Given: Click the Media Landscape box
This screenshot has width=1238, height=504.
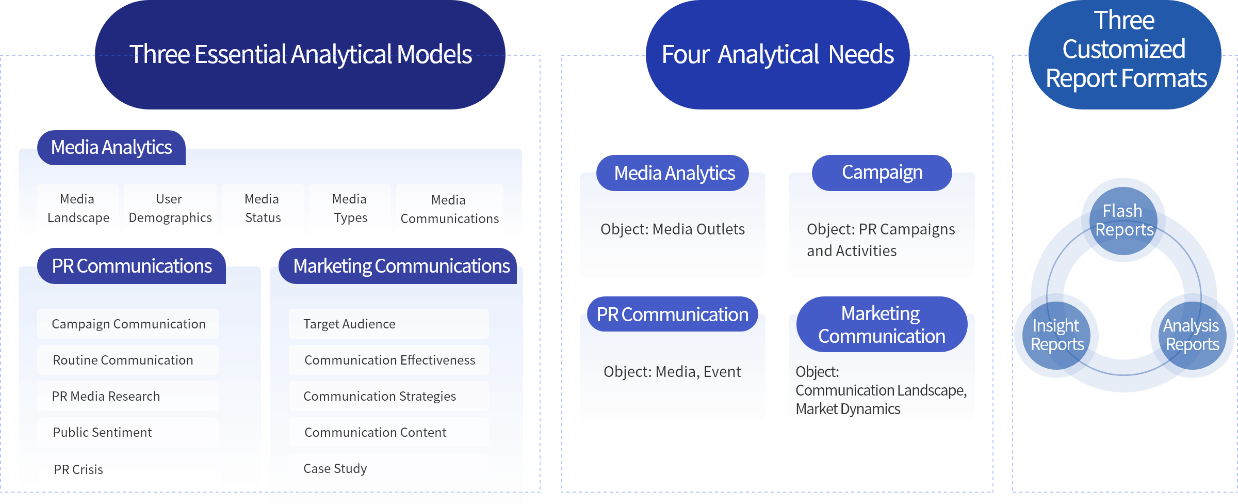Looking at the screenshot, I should (x=78, y=208).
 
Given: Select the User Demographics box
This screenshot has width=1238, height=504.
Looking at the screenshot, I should (x=170, y=208).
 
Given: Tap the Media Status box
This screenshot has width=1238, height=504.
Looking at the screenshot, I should (x=263, y=208).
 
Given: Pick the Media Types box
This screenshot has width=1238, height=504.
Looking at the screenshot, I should (x=350, y=208).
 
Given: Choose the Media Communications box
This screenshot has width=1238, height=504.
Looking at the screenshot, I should (x=449, y=209).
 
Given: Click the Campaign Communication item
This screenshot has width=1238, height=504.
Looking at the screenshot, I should (x=128, y=324).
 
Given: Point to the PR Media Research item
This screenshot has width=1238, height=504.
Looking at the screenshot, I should (x=128, y=396).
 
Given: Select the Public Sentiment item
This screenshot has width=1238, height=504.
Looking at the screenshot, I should (x=128, y=432).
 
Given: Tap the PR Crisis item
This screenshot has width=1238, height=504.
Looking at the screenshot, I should (x=129, y=469).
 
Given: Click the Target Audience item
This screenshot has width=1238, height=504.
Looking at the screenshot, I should (x=388, y=324).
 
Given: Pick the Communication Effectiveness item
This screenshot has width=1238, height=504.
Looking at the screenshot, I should (x=388, y=360).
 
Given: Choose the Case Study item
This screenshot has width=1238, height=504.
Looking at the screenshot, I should (x=388, y=468).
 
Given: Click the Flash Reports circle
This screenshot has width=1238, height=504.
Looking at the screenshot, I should (x=1123, y=220).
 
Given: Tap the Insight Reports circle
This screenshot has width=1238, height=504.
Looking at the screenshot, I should (x=1057, y=335).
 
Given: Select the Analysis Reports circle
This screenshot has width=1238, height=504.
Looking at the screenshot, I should (x=1192, y=335).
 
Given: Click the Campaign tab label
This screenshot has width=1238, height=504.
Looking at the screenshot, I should (x=882, y=172).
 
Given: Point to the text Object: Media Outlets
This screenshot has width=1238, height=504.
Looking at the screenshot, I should (x=672, y=229).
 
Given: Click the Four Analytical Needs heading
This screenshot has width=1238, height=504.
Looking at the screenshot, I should (x=777, y=54).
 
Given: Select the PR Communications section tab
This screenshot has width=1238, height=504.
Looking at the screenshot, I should (x=132, y=266).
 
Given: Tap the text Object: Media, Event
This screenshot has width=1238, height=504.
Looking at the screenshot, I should (x=672, y=371).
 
